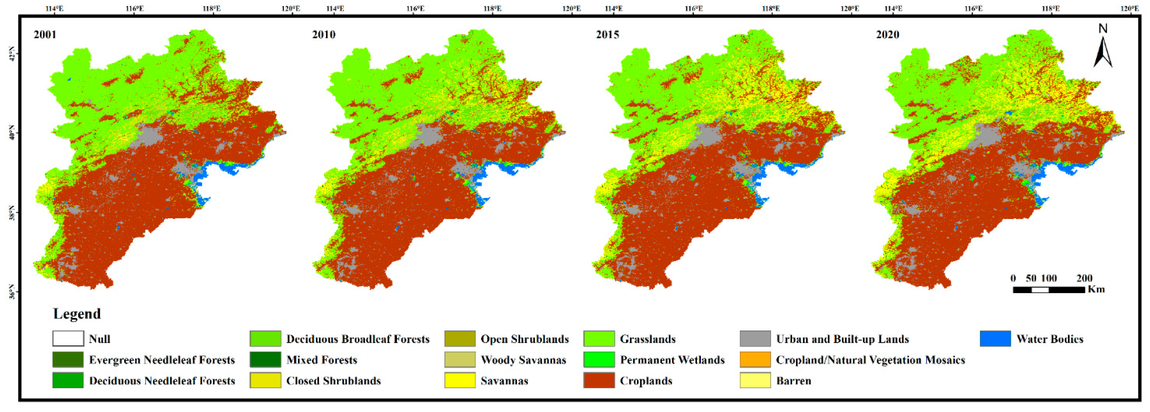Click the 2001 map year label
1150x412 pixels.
45,34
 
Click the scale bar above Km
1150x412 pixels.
1049,290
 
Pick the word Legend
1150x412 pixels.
77,314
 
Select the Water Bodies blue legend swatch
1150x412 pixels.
995,339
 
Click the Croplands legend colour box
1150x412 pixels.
599,380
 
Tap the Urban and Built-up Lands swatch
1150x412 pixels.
755,339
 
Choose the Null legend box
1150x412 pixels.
68,339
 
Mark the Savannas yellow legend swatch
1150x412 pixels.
460,380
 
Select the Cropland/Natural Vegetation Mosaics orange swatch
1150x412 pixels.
755,360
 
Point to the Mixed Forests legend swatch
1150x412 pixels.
265,360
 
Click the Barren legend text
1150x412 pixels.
793,381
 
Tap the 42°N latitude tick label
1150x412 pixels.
12,54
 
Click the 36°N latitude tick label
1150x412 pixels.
12,292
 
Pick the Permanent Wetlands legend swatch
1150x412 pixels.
599,360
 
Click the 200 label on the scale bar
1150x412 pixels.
1084,278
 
